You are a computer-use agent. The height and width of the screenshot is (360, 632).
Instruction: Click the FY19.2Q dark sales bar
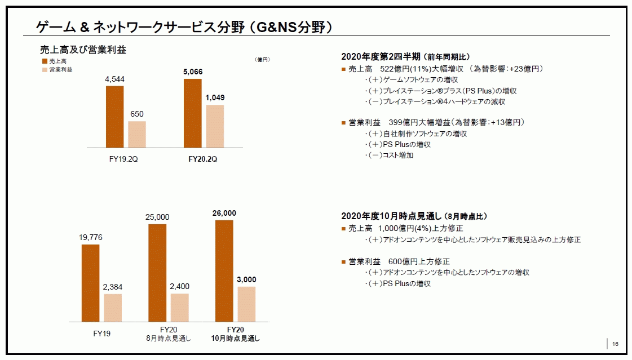[114, 116]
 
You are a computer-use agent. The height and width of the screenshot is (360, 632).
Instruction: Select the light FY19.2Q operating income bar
[136, 134]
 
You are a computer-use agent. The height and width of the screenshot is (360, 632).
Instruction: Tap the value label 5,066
[192, 72]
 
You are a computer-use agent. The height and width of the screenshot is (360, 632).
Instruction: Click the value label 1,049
[215, 97]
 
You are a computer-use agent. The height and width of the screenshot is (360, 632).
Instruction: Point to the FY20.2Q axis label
[202, 159]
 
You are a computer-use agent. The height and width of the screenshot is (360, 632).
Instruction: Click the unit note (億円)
[263, 59]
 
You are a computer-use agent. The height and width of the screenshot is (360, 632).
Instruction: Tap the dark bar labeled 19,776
[90, 283]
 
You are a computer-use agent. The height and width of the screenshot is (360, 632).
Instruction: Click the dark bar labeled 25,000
[157, 273]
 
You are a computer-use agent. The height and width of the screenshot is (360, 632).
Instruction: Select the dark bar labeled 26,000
[224, 270]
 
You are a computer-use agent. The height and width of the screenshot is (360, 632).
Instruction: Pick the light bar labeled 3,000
[246, 304]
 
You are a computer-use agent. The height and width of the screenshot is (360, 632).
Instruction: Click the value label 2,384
[113, 287]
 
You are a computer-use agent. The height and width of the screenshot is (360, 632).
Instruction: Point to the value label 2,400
[180, 287]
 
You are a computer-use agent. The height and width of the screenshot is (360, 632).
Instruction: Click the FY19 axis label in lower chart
[101, 333]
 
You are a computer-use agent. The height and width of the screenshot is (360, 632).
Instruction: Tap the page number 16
[615, 344]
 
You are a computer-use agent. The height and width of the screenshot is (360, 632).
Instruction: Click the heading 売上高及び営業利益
[83, 49]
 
